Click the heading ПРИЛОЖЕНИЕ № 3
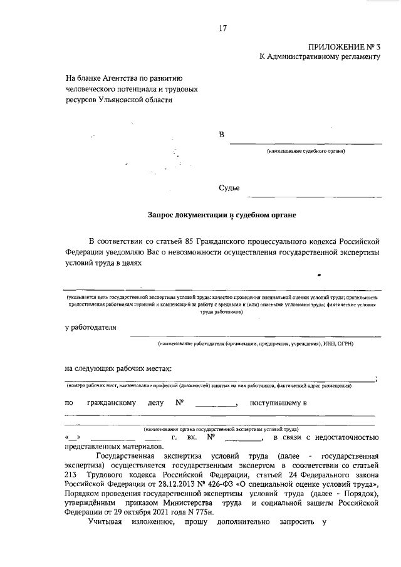344,48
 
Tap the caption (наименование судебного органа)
306,151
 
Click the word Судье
229,187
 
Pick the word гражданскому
112,403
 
